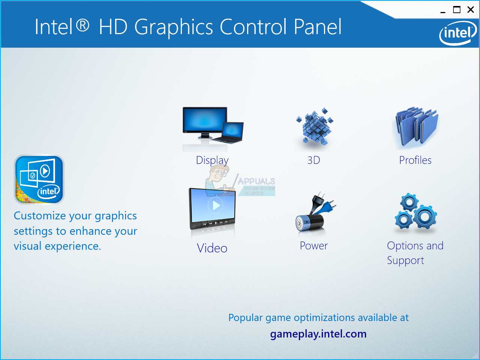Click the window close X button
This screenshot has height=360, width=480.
click(471, 10)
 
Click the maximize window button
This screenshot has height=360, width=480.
click(457, 10)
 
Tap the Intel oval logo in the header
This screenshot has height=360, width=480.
click(458, 33)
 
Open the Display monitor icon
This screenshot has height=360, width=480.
click(213, 129)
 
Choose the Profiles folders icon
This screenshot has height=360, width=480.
click(416, 127)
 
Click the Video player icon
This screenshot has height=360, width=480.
click(212, 212)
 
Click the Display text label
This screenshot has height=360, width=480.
click(212, 160)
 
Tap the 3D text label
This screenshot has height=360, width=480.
click(313, 160)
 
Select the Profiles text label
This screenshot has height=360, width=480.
click(415, 160)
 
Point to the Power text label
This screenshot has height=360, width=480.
click(313, 246)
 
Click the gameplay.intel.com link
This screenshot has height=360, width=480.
click(318, 334)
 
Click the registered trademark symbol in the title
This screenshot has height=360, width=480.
click(82, 25)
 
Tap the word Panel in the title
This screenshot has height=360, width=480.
click(317, 27)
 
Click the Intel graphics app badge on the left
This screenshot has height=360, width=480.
click(39, 180)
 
